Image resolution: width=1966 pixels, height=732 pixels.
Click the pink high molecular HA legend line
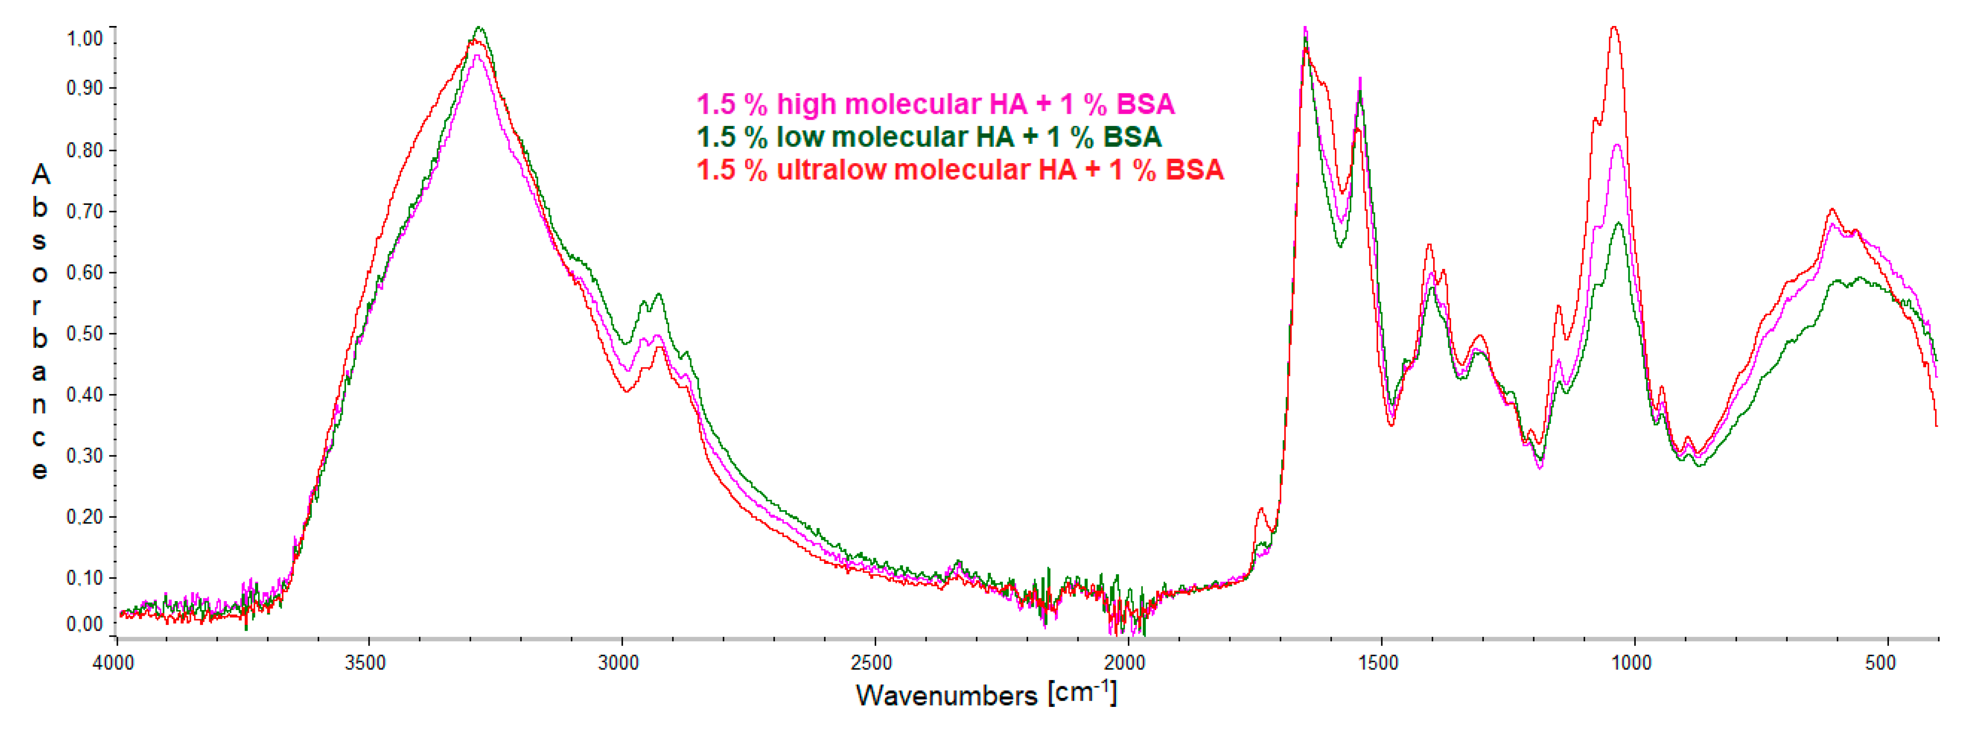(935, 104)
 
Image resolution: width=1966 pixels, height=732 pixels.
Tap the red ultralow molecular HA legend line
(959, 169)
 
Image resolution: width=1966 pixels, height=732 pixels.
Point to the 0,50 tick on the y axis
(85, 334)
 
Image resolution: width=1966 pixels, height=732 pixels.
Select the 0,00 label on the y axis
(85, 624)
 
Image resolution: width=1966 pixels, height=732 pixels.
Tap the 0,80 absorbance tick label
(85, 150)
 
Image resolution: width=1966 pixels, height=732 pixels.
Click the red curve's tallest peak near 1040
(1613, 28)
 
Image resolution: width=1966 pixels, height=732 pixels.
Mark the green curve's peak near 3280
(480, 28)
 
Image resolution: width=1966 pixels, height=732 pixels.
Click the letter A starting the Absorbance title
(40, 176)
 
